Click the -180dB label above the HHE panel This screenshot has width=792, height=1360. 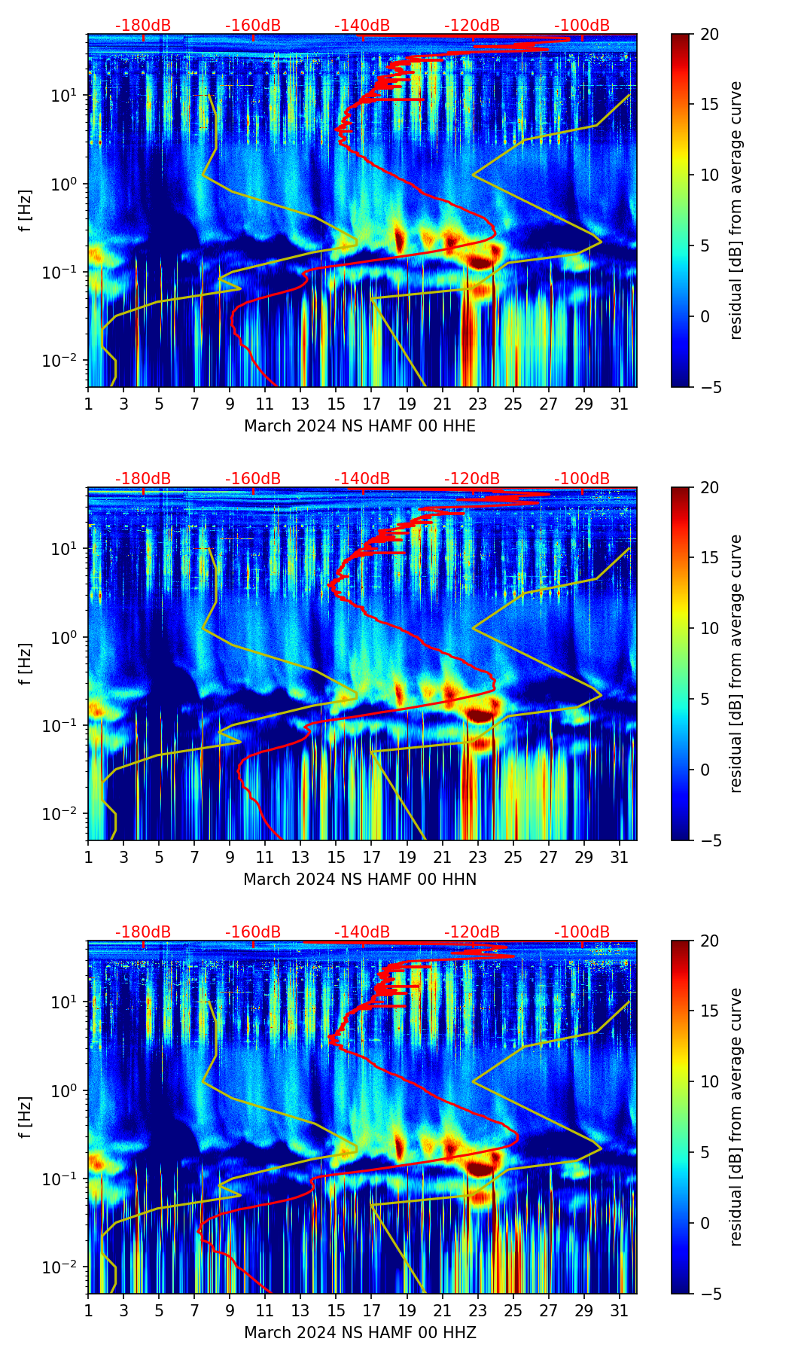[x=143, y=26]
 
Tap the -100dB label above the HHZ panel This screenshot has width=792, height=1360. [x=582, y=932]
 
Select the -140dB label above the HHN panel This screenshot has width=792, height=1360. [x=362, y=479]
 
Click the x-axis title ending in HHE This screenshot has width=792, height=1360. [x=360, y=426]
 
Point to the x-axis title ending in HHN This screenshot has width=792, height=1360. [x=360, y=880]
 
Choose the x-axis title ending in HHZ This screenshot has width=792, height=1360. [x=360, y=1333]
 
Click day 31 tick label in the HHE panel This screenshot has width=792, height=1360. [x=620, y=404]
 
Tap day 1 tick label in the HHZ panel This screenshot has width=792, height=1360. [x=88, y=1310]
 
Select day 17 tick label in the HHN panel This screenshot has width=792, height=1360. [x=372, y=857]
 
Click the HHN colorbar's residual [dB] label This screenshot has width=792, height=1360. [x=736, y=663]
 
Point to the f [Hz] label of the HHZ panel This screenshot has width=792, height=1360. [x=26, y=1117]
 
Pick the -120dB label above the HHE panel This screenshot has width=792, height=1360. [x=472, y=26]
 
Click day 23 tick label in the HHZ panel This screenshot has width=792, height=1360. [x=478, y=1310]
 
